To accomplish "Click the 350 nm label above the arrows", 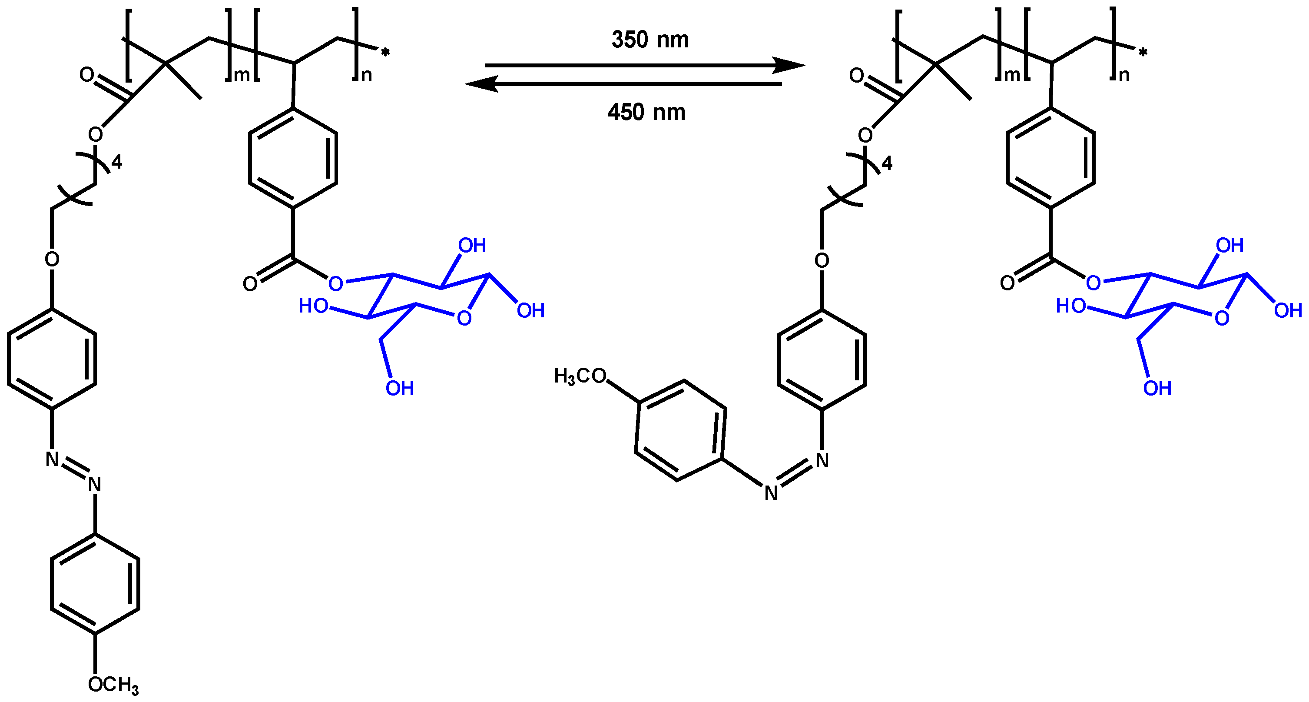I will (650, 40).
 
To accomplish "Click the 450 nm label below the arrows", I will (646, 112).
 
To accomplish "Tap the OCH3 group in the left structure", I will (113, 685).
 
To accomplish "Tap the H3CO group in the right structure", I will (580, 376).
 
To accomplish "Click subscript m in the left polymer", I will (242, 75).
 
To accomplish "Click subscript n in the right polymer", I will (1123, 75).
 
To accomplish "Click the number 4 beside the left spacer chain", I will (116, 163).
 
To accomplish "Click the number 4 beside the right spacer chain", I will (886, 164).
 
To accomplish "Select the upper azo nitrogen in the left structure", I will (52, 459).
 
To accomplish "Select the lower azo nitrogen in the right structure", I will (771, 493).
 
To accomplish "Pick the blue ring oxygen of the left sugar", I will (464, 319).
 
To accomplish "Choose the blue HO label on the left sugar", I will (313, 306).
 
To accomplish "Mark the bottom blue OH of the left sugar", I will (399, 388).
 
